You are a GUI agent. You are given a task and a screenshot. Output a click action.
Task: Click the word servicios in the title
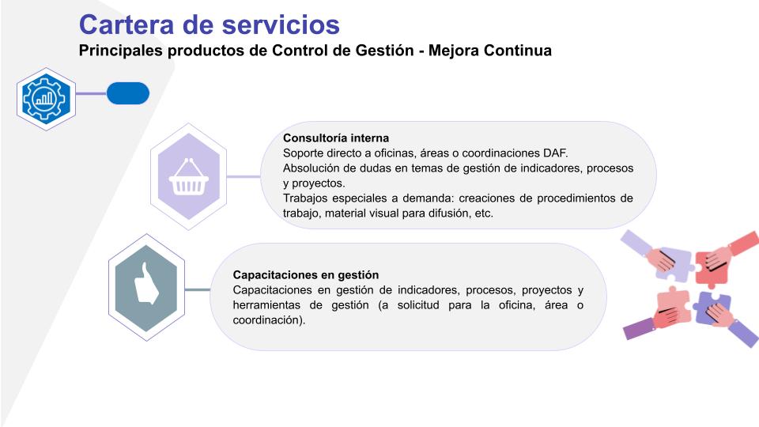point(281,25)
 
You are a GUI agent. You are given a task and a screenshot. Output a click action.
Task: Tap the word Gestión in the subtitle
point(385,51)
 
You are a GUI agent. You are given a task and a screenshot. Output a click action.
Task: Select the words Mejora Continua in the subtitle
point(490,51)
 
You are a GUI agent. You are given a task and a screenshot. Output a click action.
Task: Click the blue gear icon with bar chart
point(46,99)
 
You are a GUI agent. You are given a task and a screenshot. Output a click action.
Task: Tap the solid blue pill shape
point(128,93)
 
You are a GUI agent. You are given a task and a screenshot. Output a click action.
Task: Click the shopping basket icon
point(188,177)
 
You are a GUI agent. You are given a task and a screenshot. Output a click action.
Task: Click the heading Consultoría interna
point(336,138)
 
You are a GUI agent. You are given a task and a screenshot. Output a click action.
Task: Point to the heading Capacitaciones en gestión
point(306,275)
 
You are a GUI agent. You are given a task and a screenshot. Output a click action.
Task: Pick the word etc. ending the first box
point(484,213)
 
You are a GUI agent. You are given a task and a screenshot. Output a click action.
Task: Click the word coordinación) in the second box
point(269,320)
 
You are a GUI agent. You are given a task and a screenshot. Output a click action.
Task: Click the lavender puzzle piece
point(674,265)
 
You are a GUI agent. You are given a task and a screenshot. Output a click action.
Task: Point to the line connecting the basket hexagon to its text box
point(244,176)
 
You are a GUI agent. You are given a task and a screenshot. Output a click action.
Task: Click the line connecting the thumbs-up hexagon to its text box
point(198,290)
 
